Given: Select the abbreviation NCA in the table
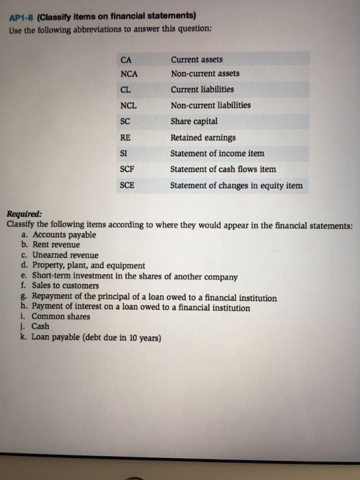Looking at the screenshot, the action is click(129, 74).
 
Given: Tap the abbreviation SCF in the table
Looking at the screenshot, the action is click(127, 169).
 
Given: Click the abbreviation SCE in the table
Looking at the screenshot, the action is click(127, 185).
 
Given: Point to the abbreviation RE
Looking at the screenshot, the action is click(125, 137).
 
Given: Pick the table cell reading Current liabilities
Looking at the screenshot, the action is click(202, 89).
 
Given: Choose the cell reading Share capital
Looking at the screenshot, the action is click(194, 121).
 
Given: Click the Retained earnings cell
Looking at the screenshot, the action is click(203, 137).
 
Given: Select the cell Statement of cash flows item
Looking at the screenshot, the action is click(223, 169).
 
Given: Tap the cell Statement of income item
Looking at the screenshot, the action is click(217, 154).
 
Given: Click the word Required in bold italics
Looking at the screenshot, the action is click(24, 213).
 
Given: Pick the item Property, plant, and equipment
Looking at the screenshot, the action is click(88, 265).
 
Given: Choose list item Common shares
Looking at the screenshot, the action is click(60, 317).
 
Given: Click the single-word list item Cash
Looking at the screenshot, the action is click(40, 327).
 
